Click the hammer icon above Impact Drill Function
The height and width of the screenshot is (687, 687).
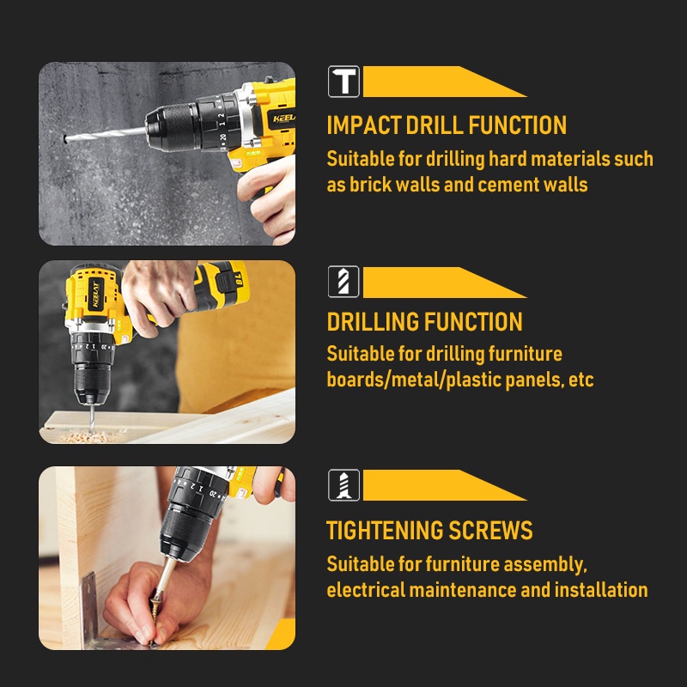[343, 81]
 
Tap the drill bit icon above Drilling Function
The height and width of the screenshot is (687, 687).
[343, 282]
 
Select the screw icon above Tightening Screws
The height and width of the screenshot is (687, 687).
[343, 485]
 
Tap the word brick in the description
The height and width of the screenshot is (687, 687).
[371, 185]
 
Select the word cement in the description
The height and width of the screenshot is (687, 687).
[508, 185]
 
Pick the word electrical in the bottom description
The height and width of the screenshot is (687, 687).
[366, 590]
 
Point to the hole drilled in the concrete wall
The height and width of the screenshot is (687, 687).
[65, 139]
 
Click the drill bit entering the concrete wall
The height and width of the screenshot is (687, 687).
[105, 135]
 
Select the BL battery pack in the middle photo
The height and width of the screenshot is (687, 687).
[222, 284]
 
